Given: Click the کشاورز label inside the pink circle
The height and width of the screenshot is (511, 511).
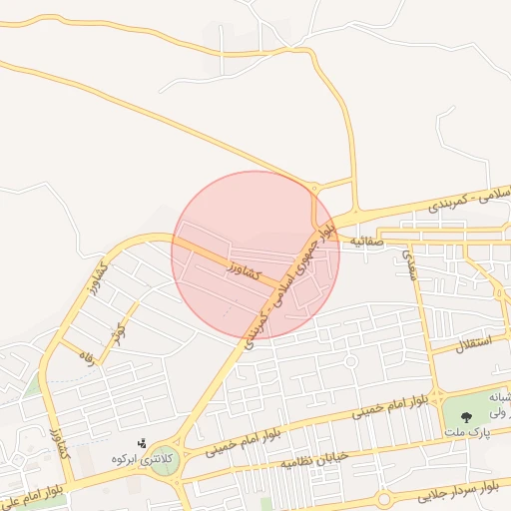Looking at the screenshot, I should (x=244, y=269).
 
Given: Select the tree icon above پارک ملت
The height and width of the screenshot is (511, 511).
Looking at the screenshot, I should (x=462, y=409).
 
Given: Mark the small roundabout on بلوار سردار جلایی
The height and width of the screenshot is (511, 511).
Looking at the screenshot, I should (x=384, y=497).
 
